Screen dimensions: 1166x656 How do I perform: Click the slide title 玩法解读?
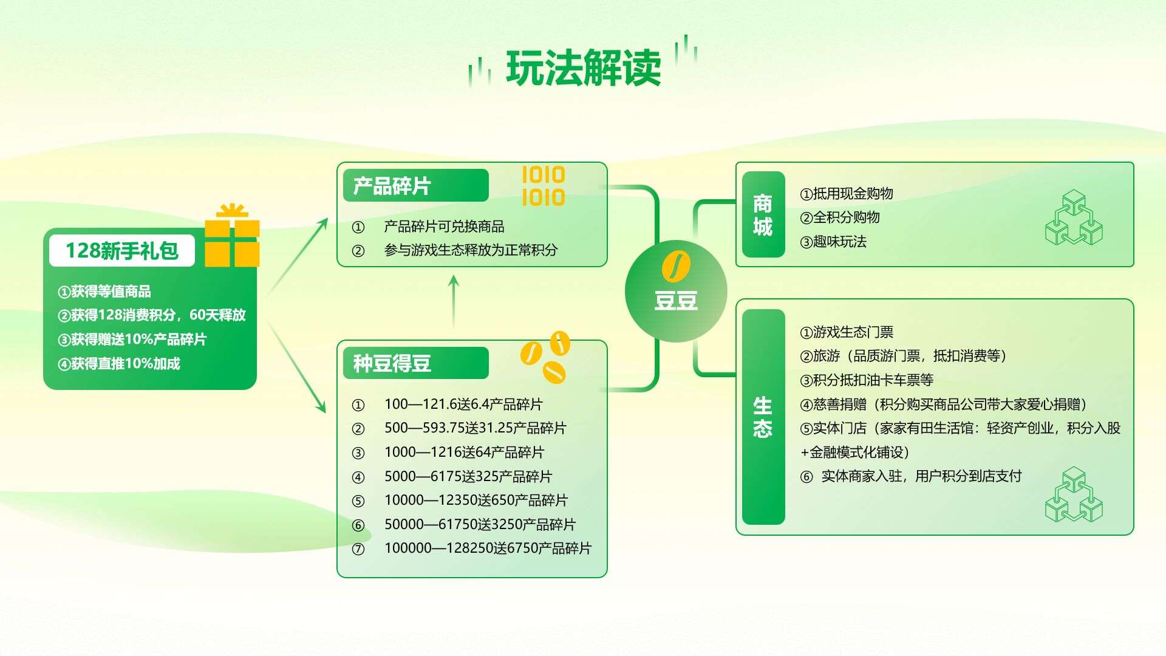[583, 67]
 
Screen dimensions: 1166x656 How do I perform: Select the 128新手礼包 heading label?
[122, 250]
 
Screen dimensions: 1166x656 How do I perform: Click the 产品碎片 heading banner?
[415, 185]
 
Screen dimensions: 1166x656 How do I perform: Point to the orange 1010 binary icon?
[544, 186]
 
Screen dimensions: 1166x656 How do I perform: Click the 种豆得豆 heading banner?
[415, 363]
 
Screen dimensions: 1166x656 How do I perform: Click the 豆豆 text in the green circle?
[676, 300]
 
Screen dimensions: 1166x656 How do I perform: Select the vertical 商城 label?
[763, 215]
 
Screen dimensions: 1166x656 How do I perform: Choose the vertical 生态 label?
[763, 417]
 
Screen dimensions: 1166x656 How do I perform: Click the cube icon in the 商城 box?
[1074, 217]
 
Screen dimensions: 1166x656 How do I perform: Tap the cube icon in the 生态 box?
[1074, 494]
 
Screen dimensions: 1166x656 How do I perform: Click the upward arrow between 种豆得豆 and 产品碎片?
[453, 302]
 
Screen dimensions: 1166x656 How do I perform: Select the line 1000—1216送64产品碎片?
[464, 453]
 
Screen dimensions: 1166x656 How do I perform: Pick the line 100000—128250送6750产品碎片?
[488, 548]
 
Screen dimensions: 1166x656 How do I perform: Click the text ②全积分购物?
[840, 217]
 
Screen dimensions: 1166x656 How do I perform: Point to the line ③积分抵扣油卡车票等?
[867, 380]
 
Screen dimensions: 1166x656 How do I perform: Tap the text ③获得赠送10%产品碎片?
[132, 340]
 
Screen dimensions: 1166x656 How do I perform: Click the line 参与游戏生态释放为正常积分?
[471, 250]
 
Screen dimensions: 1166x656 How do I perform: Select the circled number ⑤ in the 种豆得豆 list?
[358, 501]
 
